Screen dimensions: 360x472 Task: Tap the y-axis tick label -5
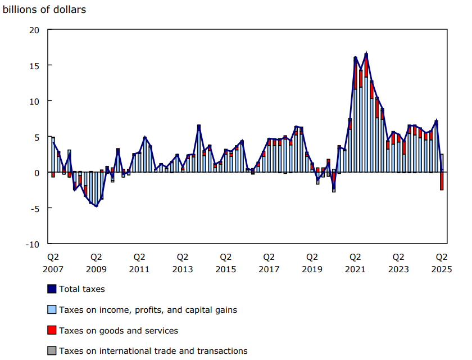point(34,208)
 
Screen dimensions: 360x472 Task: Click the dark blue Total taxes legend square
point(52,289)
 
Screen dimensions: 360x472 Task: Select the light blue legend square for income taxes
point(52,310)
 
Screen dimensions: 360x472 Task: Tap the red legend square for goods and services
point(52,330)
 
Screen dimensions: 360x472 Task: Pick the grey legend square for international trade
point(52,351)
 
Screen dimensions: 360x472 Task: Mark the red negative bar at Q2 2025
point(442,181)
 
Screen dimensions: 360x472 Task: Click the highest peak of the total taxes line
point(366,53)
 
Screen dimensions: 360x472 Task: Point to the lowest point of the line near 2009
point(96,206)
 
